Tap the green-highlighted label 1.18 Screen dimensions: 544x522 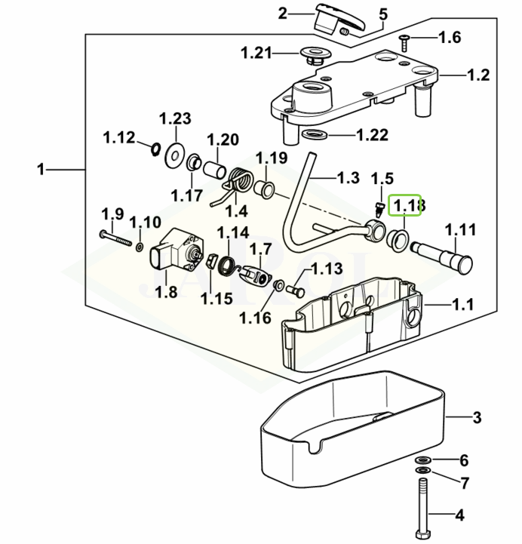407,204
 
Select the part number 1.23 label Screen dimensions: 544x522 175,118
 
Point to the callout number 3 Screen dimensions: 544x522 476,417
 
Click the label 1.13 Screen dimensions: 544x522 327,268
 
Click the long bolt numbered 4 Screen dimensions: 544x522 420,502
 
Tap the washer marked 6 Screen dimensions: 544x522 422,459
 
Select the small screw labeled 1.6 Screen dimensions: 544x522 404,37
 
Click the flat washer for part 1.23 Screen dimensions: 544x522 174,155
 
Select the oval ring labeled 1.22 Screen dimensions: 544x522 315,136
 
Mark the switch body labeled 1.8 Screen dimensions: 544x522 178,253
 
